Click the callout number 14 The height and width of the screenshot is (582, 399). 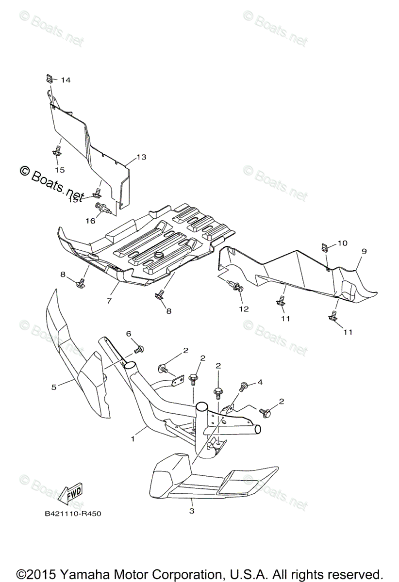[66, 80]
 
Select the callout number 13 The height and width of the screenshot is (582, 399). [141, 157]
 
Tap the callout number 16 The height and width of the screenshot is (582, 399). [90, 221]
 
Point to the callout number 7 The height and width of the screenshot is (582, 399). [109, 301]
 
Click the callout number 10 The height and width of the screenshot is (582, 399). [343, 242]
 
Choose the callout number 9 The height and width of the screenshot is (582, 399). [364, 251]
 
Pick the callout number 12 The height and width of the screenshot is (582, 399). [243, 308]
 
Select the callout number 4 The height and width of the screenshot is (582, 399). [260, 382]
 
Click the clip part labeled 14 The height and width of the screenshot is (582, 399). [50, 78]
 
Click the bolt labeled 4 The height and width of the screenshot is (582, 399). [243, 386]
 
